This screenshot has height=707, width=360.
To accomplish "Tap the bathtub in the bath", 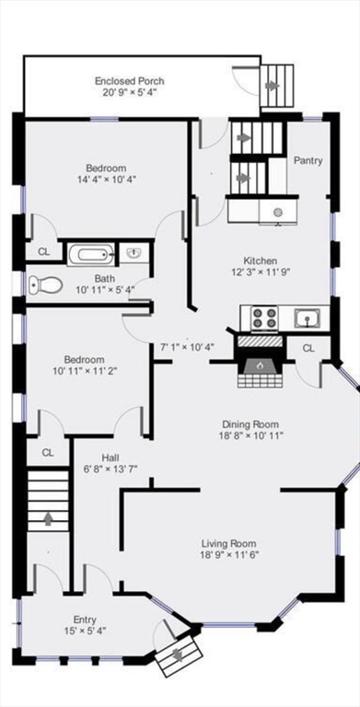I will tap(89, 253).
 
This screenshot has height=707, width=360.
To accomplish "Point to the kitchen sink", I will tap(307, 318).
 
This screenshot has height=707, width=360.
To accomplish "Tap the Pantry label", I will tap(308, 160).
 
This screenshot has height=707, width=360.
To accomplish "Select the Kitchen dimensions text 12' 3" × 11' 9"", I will tap(260, 272).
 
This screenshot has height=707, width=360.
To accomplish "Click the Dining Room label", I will tap(250, 423).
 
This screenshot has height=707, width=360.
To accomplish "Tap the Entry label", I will tap(85, 620).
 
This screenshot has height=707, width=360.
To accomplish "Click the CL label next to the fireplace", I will tap(308, 348).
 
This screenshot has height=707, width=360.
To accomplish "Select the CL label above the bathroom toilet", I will tap(44, 250).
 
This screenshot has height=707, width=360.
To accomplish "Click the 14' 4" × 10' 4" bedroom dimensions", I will tap(106, 180).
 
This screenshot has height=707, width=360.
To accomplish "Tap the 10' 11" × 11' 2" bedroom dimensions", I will tap(83, 372).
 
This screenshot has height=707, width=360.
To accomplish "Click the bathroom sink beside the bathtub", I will tap(133, 253).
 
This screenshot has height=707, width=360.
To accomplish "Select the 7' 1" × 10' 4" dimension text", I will tap(187, 347).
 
